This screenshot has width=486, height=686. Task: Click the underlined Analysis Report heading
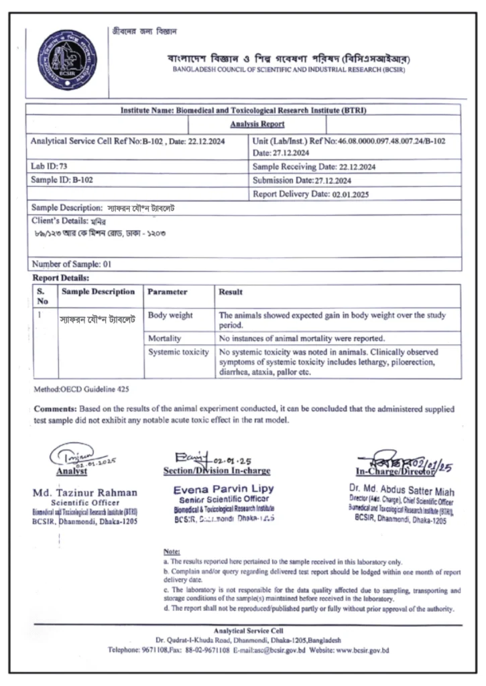pos(257,124)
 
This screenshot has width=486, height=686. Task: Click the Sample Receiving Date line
pos(314,166)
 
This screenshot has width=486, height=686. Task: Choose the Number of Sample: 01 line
pos(71,264)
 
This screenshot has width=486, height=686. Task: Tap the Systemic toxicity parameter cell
pos(178,352)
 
